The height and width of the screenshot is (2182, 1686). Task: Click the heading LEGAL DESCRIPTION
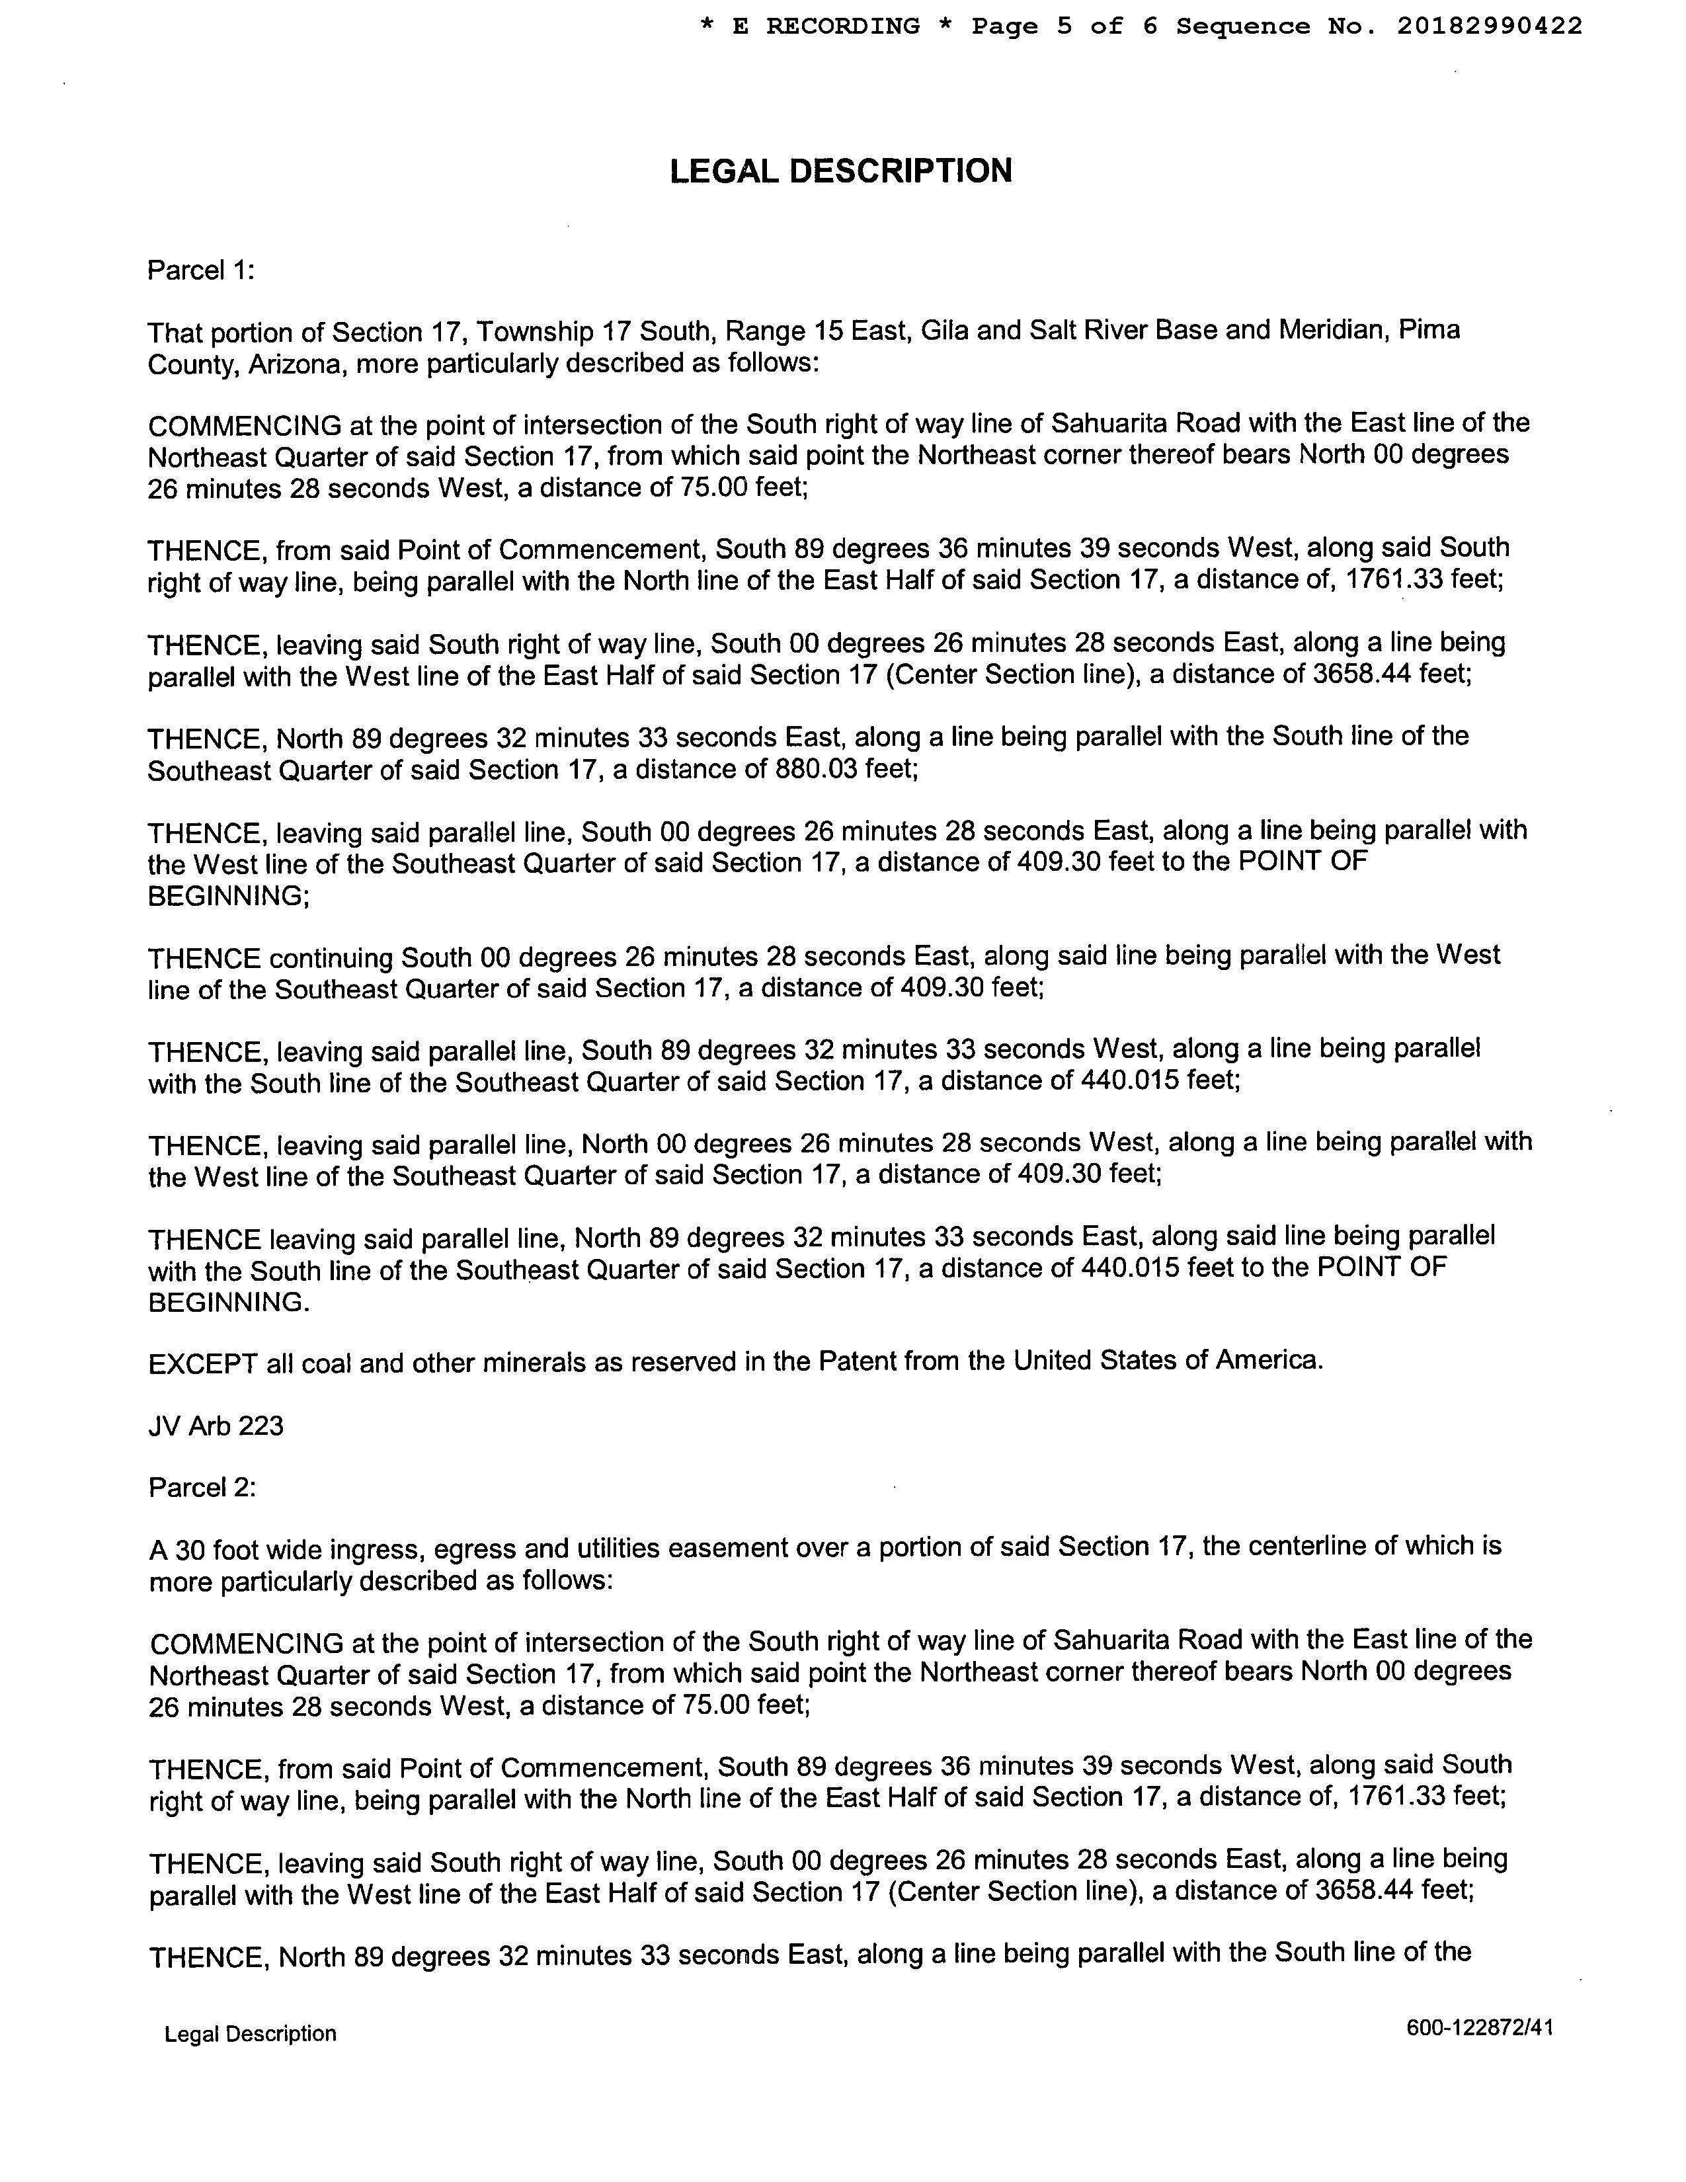point(840,171)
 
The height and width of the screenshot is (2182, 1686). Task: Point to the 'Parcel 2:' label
point(202,1488)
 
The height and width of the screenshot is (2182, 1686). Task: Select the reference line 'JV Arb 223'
point(216,1425)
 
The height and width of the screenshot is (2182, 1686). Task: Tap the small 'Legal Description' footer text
point(250,2034)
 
